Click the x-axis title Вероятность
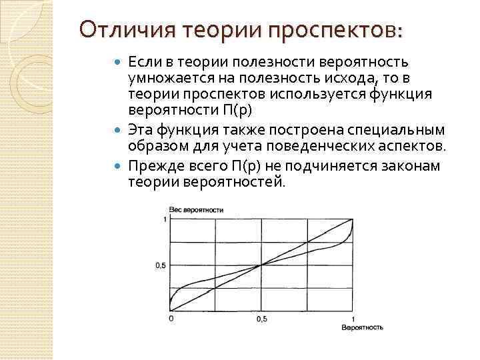tap(362, 328)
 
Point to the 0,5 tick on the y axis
tap(160, 265)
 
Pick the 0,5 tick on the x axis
tap(262, 319)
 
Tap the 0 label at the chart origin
tap(171, 319)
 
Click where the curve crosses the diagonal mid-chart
tap(262, 265)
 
